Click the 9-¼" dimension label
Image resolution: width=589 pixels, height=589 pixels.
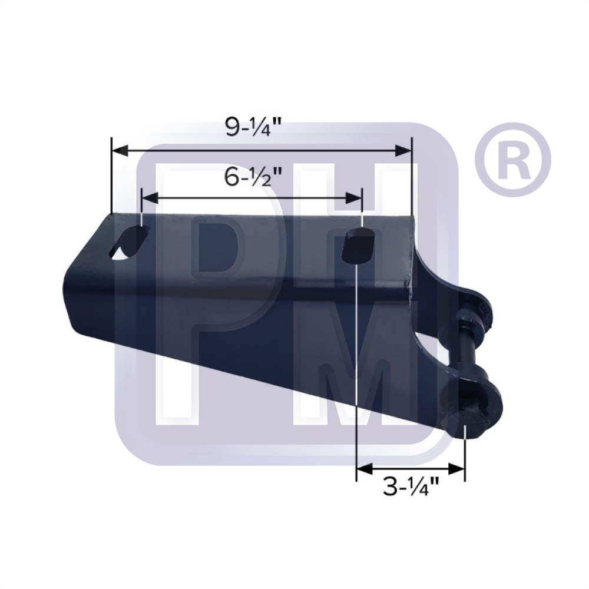coord(254,128)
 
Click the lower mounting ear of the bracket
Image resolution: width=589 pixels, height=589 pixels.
coord(477,401)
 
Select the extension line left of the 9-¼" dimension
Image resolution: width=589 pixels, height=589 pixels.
coord(111,177)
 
